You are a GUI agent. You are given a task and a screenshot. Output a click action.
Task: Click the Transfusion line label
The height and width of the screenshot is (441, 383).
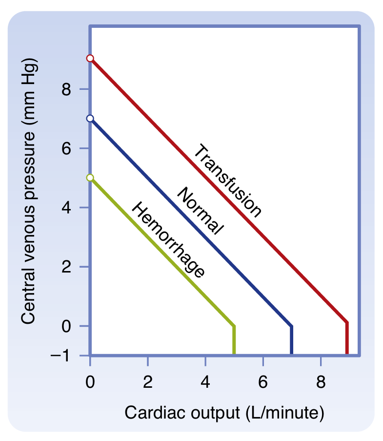tap(227, 180)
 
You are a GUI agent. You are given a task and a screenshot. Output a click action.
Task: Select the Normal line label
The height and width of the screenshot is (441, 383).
tap(200, 211)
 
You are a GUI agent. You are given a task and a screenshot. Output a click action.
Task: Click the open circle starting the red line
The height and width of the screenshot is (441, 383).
tap(90, 58)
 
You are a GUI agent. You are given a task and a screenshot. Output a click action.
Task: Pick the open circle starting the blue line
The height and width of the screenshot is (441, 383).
tap(90, 118)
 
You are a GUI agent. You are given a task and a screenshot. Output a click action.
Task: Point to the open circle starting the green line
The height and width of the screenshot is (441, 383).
tap(90, 178)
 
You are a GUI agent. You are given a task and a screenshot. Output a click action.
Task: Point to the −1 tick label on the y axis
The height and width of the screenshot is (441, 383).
tap(61, 356)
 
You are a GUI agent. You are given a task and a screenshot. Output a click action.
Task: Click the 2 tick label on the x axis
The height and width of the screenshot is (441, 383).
tap(147, 382)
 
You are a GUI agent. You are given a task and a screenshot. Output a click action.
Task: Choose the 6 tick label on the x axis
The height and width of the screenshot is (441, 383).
tap(263, 382)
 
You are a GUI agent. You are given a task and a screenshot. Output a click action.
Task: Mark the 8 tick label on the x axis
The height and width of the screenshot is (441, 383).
tap(321, 382)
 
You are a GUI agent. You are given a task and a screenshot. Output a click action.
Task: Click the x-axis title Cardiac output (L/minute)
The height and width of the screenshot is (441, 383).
tap(224, 413)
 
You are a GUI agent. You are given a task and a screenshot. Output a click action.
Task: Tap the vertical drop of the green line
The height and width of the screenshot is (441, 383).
tap(234, 340)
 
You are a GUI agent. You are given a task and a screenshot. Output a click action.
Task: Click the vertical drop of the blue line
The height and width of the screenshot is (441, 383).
tap(292, 340)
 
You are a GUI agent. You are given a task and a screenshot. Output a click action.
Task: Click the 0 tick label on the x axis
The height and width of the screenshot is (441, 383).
tap(90, 382)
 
